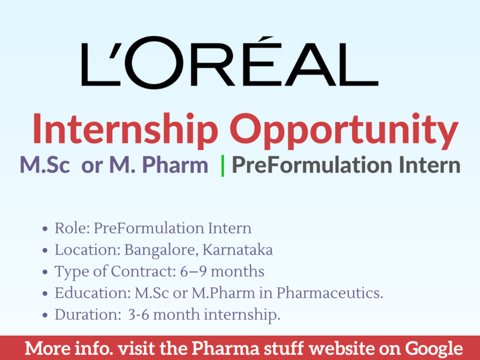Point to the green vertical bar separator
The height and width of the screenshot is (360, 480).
point(223,165)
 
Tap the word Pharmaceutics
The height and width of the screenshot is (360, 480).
point(330,293)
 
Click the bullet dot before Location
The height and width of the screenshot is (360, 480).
point(45,251)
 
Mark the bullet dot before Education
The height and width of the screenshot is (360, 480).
point(45,294)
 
